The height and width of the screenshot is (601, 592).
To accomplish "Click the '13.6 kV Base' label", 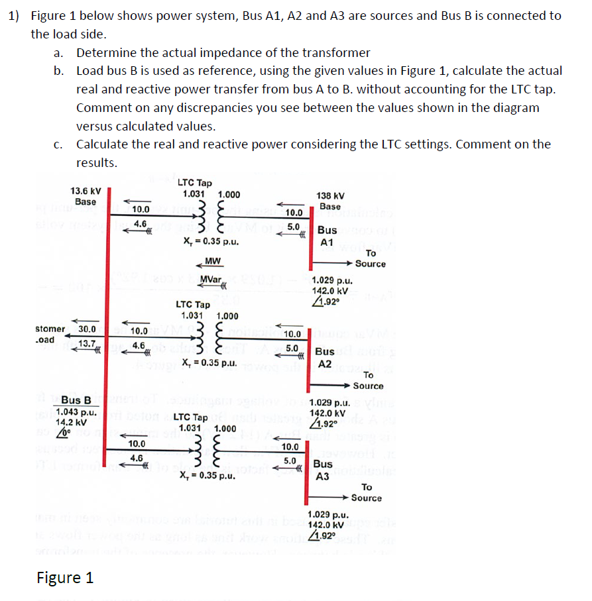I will pos(86,196).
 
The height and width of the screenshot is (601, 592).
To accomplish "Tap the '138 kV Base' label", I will pos(329,201).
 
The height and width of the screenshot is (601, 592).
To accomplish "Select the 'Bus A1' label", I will pos(327,237).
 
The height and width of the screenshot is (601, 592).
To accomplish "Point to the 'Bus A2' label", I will pos(325,358).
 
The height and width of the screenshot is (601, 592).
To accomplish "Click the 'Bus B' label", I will pos(76,400).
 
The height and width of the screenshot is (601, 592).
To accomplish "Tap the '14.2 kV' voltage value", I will pos(70,421).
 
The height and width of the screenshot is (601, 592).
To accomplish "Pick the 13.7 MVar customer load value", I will pos(87,343).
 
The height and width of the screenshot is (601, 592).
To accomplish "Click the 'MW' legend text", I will pos(213,262).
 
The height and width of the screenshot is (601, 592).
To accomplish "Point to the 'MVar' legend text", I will pos(211,280).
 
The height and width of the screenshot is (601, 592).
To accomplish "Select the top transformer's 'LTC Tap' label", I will pos(194,183).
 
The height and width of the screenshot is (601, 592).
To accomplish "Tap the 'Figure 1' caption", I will pos(65,578).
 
